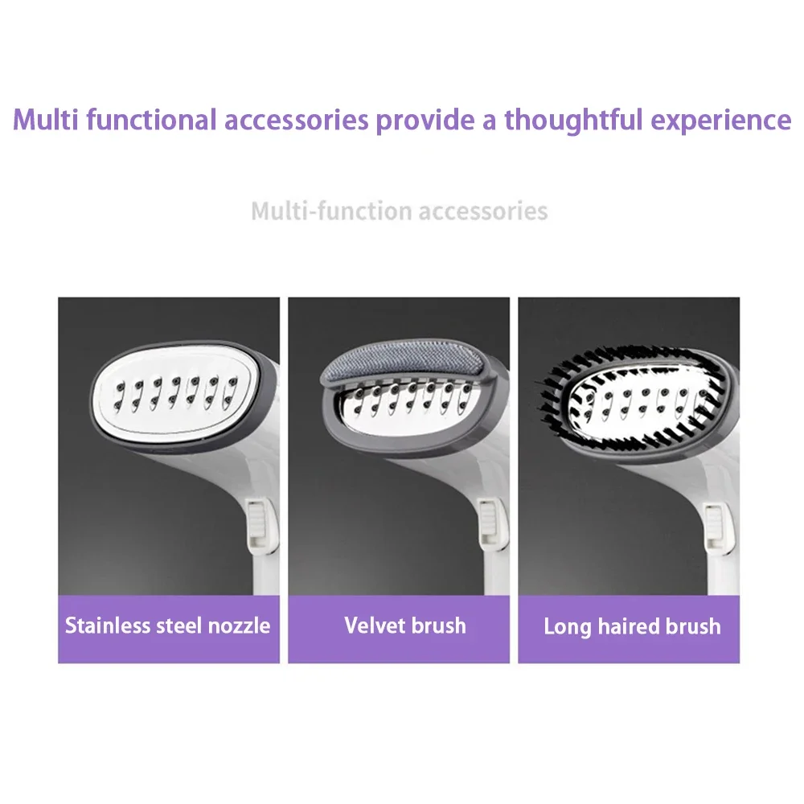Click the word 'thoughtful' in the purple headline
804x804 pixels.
tap(573, 120)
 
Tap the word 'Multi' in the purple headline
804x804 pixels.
tap(46, 120)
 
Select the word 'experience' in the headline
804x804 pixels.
tap(721, 121)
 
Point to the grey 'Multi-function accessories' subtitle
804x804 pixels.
tap(400, 211)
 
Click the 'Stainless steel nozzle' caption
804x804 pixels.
tap(168, 626)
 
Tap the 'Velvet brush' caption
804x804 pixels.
tap(405, 626)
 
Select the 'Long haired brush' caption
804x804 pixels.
tap(632, 626)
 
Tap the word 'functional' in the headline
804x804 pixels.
tap(151, 120)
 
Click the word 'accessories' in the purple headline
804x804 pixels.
tap(297, 121)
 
